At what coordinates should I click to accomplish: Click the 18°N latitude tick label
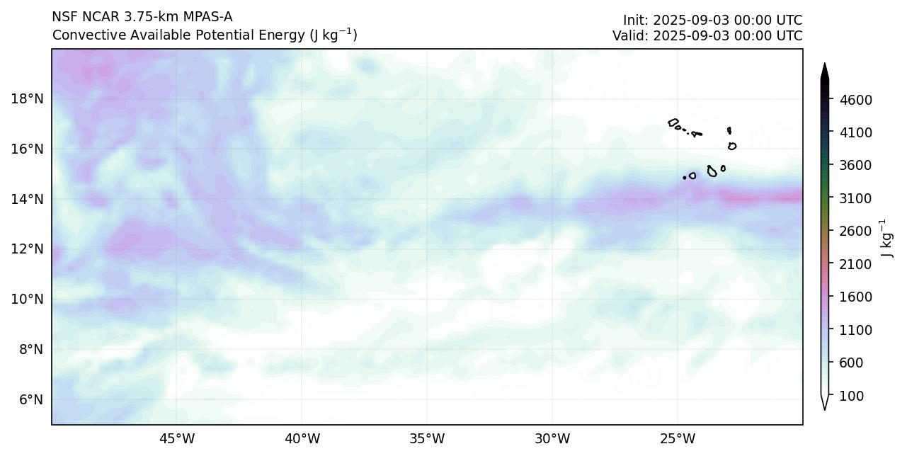click(x=27, y=98)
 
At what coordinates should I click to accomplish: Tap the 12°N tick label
click(x=27, y=249)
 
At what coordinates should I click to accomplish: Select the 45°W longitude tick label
click(x=176, y=438)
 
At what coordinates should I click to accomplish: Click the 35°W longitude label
click(x=427, y=438)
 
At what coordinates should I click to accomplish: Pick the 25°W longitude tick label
click(x=678, y=438)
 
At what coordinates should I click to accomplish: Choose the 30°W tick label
click(x=552, y=438)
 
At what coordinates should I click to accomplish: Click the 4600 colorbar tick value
click(x=855, y=100)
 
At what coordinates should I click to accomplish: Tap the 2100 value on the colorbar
click(x=855, y=264)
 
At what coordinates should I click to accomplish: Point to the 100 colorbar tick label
click(x=852, y=396)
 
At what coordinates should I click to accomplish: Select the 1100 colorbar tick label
click(x=855, y=330)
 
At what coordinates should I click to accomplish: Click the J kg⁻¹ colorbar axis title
click(x=886, y=239)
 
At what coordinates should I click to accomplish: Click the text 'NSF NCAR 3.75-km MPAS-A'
click(x=142, y=17)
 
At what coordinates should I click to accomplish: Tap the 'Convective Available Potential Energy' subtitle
click(x=205, y=35)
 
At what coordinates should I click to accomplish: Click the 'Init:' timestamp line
click(x=712, y=20)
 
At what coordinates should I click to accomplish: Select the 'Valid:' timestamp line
click(x=707, y=35)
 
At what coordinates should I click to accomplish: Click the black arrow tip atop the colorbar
click(x=824, y=69)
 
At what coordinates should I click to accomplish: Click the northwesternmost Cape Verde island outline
click(x=673, y=123)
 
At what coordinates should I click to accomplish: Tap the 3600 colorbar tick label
click(x=855, y=166)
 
